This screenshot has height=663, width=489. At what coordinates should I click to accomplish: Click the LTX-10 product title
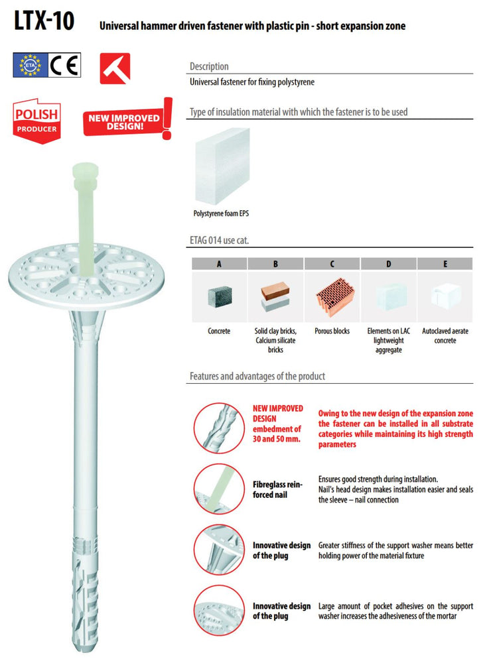[x=44, y=21]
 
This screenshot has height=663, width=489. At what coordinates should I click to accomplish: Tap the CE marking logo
[x=64, y=65]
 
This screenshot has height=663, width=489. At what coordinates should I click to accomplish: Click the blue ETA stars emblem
[x=30, y=65]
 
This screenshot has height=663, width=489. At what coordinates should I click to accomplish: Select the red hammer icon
[x=115, y=68]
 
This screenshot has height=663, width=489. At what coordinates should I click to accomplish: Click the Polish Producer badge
[x=36, y=121]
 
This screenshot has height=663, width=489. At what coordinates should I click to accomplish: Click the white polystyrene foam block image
[x=222, y=166]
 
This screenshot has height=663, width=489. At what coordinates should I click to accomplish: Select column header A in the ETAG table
[x=219, y=264]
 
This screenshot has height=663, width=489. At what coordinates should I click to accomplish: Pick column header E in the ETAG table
[x=445, y=264]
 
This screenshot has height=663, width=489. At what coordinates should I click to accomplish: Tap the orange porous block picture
[x=335, y=297]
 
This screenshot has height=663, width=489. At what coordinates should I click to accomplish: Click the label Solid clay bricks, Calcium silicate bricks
[x=275, y=340]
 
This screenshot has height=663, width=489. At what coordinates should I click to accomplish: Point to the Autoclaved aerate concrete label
[x=445, y=335]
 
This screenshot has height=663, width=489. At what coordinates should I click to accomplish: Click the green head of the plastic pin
[x=86, y=174]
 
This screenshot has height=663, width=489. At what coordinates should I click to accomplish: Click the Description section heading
[x=209, y=66]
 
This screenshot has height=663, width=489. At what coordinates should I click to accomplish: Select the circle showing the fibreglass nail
[x=219, y=489]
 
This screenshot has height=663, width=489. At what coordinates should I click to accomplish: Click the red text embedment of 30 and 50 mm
[x=277, y=434]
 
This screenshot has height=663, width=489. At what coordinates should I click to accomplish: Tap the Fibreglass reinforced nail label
[x=277, y=490]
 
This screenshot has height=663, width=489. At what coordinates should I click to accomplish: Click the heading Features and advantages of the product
[x=257, y=377]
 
